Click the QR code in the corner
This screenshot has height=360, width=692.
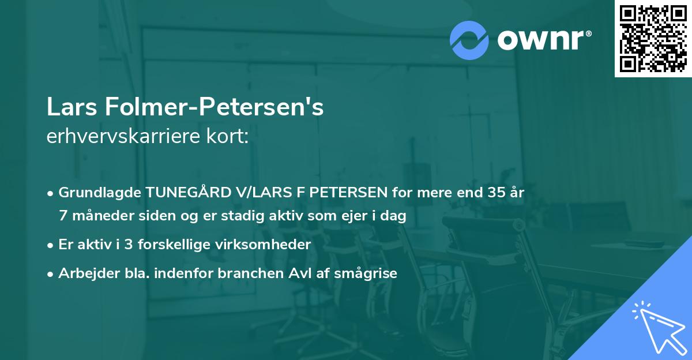tap(653, 39)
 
